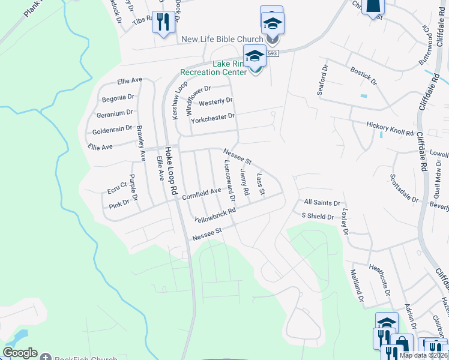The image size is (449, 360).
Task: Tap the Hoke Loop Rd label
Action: coord(170,169)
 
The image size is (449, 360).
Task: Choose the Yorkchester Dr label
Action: coord(212,118)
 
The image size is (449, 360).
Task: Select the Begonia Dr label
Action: coord(118,97)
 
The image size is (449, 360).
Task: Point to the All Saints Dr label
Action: coord(322,203)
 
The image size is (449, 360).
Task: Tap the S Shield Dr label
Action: coord(317,215)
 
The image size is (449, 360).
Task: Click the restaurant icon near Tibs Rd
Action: coord(163,22)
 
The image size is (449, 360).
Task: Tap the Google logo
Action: coord(20,353)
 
